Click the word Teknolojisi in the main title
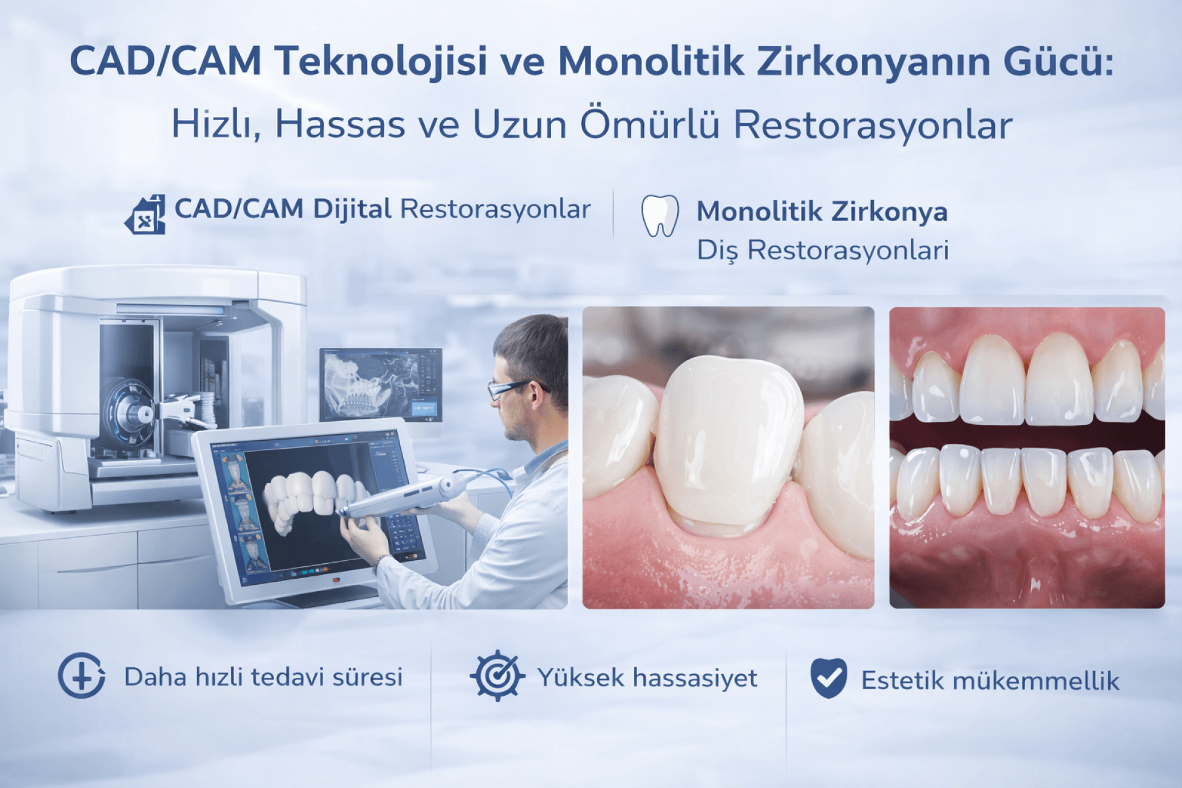click(380, 62)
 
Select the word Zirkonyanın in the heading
click(874, 61)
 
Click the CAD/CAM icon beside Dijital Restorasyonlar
click(145, 214)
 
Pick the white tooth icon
click(660, 216)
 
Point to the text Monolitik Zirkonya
click(822, 211)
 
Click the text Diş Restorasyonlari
click(822, 251)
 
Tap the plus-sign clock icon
click(81, 675)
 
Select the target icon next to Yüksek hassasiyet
click(497, 675)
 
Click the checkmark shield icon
click(829, 678)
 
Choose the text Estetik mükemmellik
click(990, 681)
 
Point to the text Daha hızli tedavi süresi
click(263, 677)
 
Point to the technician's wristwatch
click(382, 561)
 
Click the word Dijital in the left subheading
click(352, 209)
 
